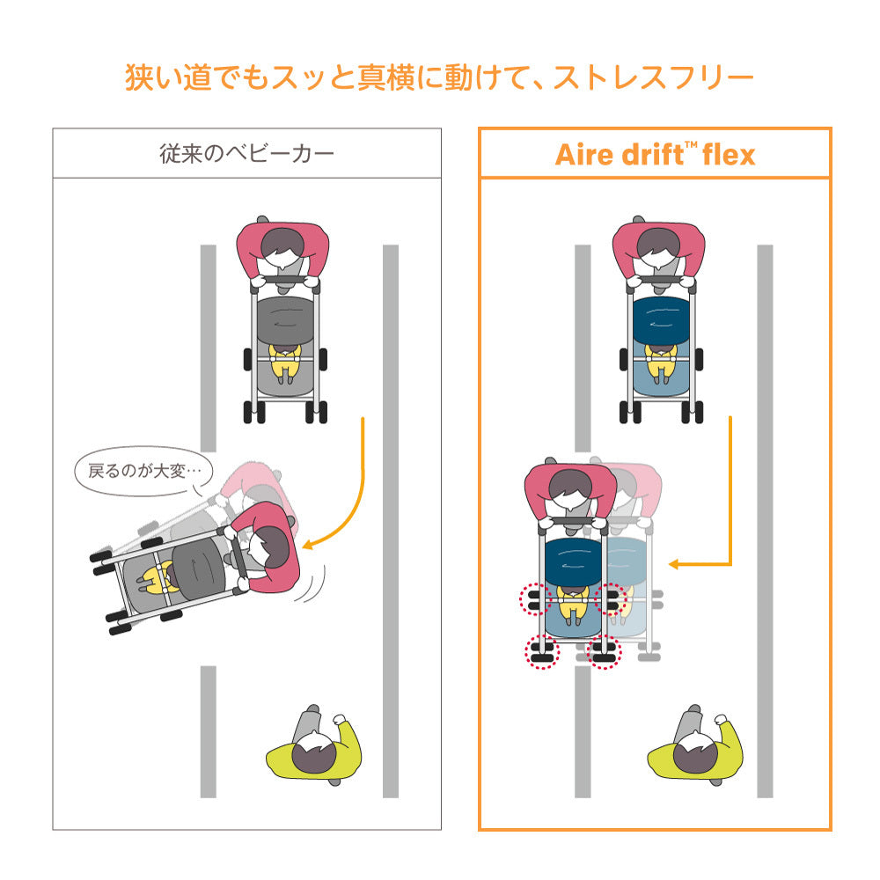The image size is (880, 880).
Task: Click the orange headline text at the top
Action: (x=439, y=77)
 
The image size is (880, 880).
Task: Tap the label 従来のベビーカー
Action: (x=247, y=154)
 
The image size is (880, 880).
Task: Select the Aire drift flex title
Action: (x=655, y=154)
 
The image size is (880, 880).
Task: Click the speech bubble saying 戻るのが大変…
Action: (x=143, y=471)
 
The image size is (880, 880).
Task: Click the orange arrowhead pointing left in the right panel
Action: (x=674, y=564)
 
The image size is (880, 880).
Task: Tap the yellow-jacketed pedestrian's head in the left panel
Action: (x=314, y=752)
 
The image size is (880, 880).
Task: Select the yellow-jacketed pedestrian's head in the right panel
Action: (x=695, y=752)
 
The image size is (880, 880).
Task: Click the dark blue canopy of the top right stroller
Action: (x=661, y=320)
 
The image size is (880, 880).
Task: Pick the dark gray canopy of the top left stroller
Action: (x=285, y=320)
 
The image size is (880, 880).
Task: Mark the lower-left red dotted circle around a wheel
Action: (x=542, y=652)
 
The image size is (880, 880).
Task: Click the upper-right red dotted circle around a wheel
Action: (x=611, y=599)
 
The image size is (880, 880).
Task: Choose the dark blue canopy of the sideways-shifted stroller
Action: (x=573, y=561)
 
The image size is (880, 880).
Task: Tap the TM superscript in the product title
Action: (x=691, y=145)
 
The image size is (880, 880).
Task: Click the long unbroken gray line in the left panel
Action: (x=391, y=521)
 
